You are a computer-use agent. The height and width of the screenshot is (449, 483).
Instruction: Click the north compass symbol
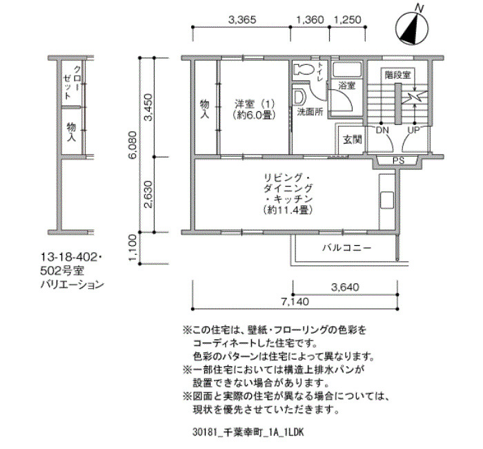point(411,28)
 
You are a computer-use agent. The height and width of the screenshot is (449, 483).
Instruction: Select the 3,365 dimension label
point(242,20)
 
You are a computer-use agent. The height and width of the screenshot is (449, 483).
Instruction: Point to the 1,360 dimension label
point(310,20)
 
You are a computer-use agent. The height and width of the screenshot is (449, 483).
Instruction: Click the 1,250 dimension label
point(348,20)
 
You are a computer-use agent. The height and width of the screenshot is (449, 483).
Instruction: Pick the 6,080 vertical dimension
point(132,145)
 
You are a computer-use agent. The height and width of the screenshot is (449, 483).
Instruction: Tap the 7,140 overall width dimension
point(295,301)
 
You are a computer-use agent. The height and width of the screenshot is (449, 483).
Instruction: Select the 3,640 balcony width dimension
point(345,287)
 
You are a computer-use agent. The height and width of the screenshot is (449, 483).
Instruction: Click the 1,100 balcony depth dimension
point(132,247)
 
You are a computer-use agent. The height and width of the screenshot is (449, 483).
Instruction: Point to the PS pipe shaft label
point(398,161)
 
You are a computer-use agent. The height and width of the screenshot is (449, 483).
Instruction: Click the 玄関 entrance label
point(353,140)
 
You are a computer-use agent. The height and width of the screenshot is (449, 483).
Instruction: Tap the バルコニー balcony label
point(347,247)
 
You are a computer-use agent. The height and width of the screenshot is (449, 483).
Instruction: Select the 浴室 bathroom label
point(347,86)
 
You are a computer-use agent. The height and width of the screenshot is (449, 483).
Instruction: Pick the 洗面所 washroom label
point(310,112)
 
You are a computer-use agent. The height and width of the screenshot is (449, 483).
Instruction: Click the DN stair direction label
point(382,130)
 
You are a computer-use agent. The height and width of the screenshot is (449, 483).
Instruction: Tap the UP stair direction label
point(413,130)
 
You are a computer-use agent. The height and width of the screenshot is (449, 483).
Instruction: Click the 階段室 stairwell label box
point(397,75)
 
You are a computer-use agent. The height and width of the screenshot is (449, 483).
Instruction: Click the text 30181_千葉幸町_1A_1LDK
point(248,432)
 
